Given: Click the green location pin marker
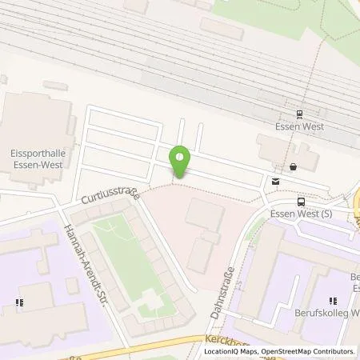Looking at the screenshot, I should coord(181,162).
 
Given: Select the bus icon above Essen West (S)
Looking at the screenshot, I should coord(301,202).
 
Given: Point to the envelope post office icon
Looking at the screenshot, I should coord(276,181).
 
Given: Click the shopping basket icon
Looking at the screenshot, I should coord(294,167).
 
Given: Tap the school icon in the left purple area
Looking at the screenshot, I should coord(18,302).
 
